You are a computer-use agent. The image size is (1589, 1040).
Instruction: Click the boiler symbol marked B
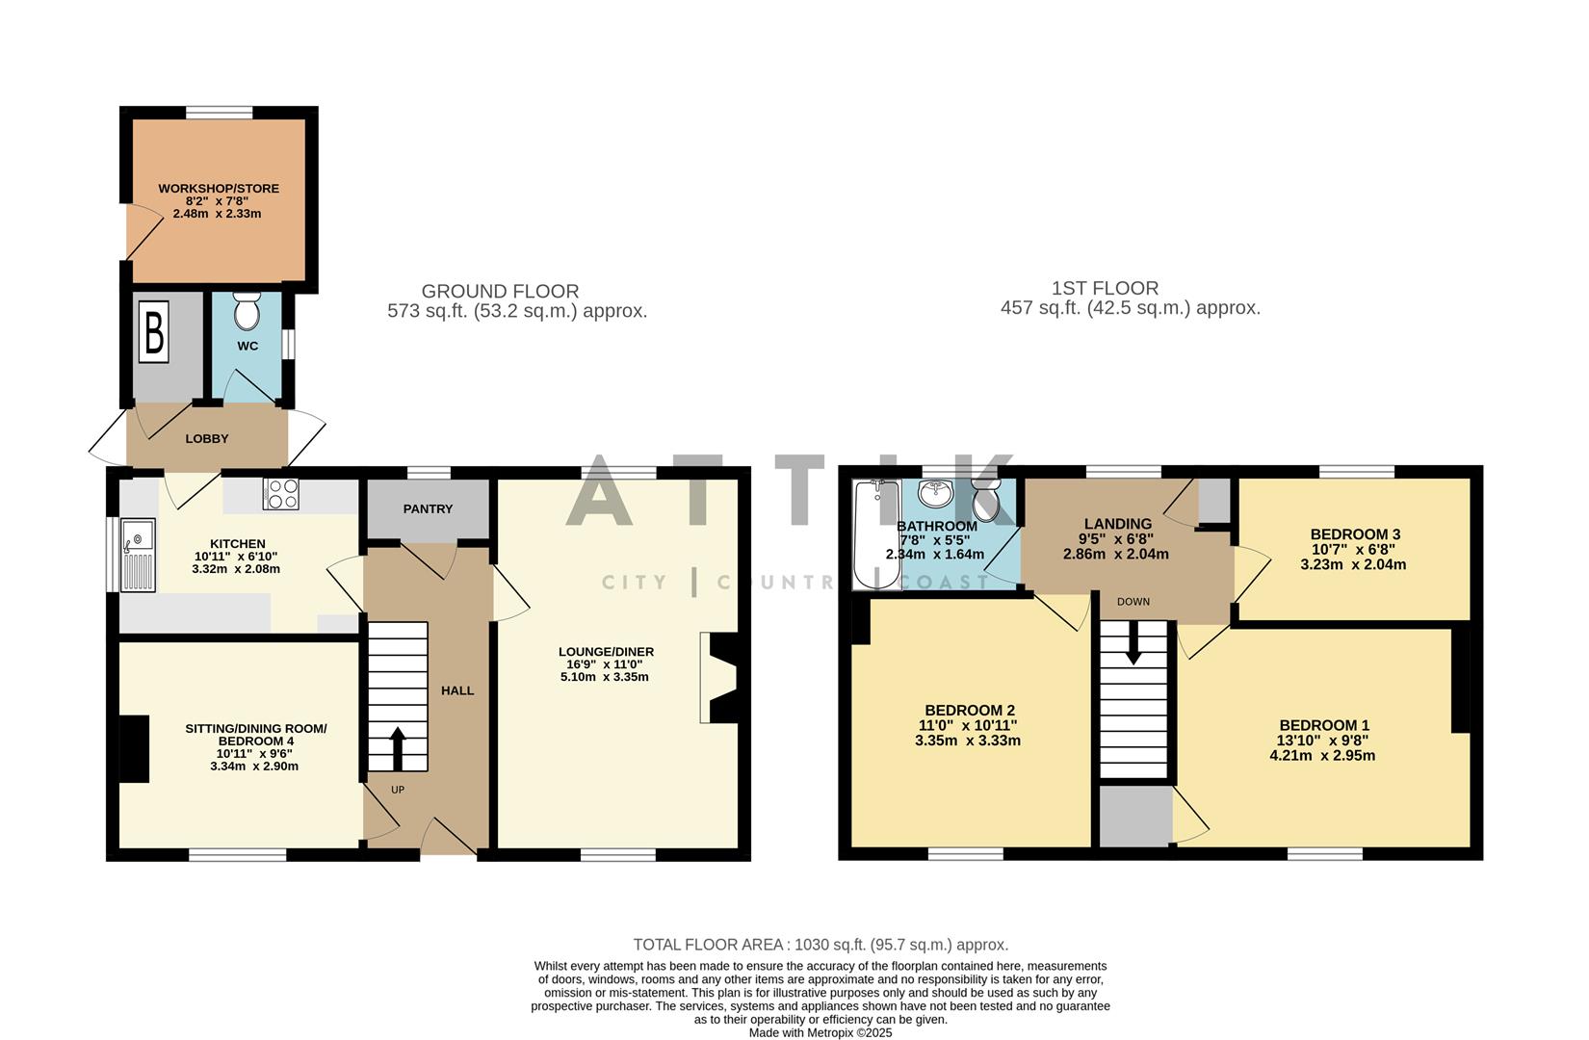pyautogui.click(x=153, y=332)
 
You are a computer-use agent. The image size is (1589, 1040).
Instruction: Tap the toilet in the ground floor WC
pyautogui.click(x=247, y=310)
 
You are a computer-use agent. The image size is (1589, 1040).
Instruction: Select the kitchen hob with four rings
pyautogui.click(x=281, y=494)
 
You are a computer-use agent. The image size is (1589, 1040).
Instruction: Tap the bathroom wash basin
pyautogui.click(x=935, y=493)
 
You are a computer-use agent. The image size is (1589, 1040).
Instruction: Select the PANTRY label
pyautogui.click(x=428, y=508)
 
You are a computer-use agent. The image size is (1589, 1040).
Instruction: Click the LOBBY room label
pyautogui.click(x=207, y=438)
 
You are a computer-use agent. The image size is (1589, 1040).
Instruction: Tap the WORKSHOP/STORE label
pyautogui.click(x=219, y=188)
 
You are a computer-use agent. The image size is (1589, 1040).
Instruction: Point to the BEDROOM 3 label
pyautogui.click(x=1355, y=534)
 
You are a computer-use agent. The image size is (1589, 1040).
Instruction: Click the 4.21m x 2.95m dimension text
pyautogui.click(x=1322, y=756)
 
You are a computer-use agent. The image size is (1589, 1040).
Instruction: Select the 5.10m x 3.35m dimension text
pyautogui.click(x=605, y=677)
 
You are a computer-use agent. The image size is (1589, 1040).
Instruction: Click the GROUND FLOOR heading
pyautogui.click(x=500, y=291)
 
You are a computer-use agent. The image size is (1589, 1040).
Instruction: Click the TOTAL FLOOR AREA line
pyautogui.click(x=821, y=945)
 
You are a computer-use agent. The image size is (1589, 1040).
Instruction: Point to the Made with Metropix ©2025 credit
pyautogui.click(x=821, y=1032)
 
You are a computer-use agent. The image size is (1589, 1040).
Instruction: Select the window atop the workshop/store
pyautogui.click(x=219, y=113)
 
